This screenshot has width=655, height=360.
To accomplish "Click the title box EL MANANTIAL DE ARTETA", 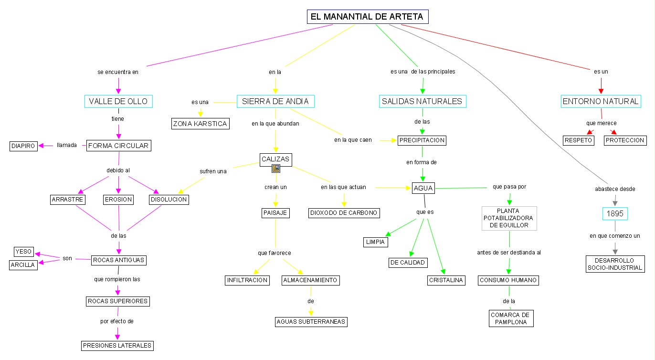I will pos(367,17).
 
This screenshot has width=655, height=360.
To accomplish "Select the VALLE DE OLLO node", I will pos(118,101).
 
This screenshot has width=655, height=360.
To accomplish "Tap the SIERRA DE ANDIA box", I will pos(275,101).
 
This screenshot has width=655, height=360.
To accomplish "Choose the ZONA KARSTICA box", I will pos(201,124).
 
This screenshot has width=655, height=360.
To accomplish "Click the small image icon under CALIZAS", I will pos(275,168).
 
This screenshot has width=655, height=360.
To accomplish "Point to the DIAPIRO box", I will pos(23,146).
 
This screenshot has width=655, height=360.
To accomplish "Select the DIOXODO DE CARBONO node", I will pos(344,213).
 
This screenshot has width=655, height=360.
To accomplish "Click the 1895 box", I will pos(615,213).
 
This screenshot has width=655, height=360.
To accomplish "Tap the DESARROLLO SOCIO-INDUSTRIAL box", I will pos(614,264).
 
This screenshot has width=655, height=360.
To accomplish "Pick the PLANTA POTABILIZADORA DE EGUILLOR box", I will pos(509,218).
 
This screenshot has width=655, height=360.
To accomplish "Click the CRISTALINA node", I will pos(446,280).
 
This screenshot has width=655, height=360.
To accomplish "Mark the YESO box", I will pos(23,252).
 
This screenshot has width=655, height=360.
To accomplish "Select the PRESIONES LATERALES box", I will pos(117,345).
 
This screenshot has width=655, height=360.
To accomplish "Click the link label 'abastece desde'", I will pos(615,189).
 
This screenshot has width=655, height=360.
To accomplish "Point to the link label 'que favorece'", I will pos(275,253).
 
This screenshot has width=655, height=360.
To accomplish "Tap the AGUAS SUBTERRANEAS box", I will pos(311,322).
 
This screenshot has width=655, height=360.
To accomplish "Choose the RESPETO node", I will pos(578,140).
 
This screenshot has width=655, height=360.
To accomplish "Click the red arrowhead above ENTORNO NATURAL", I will pos(601,89).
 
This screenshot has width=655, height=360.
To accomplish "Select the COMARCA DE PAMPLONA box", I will pos(511,318).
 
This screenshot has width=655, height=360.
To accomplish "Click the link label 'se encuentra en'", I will pos(118,72).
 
